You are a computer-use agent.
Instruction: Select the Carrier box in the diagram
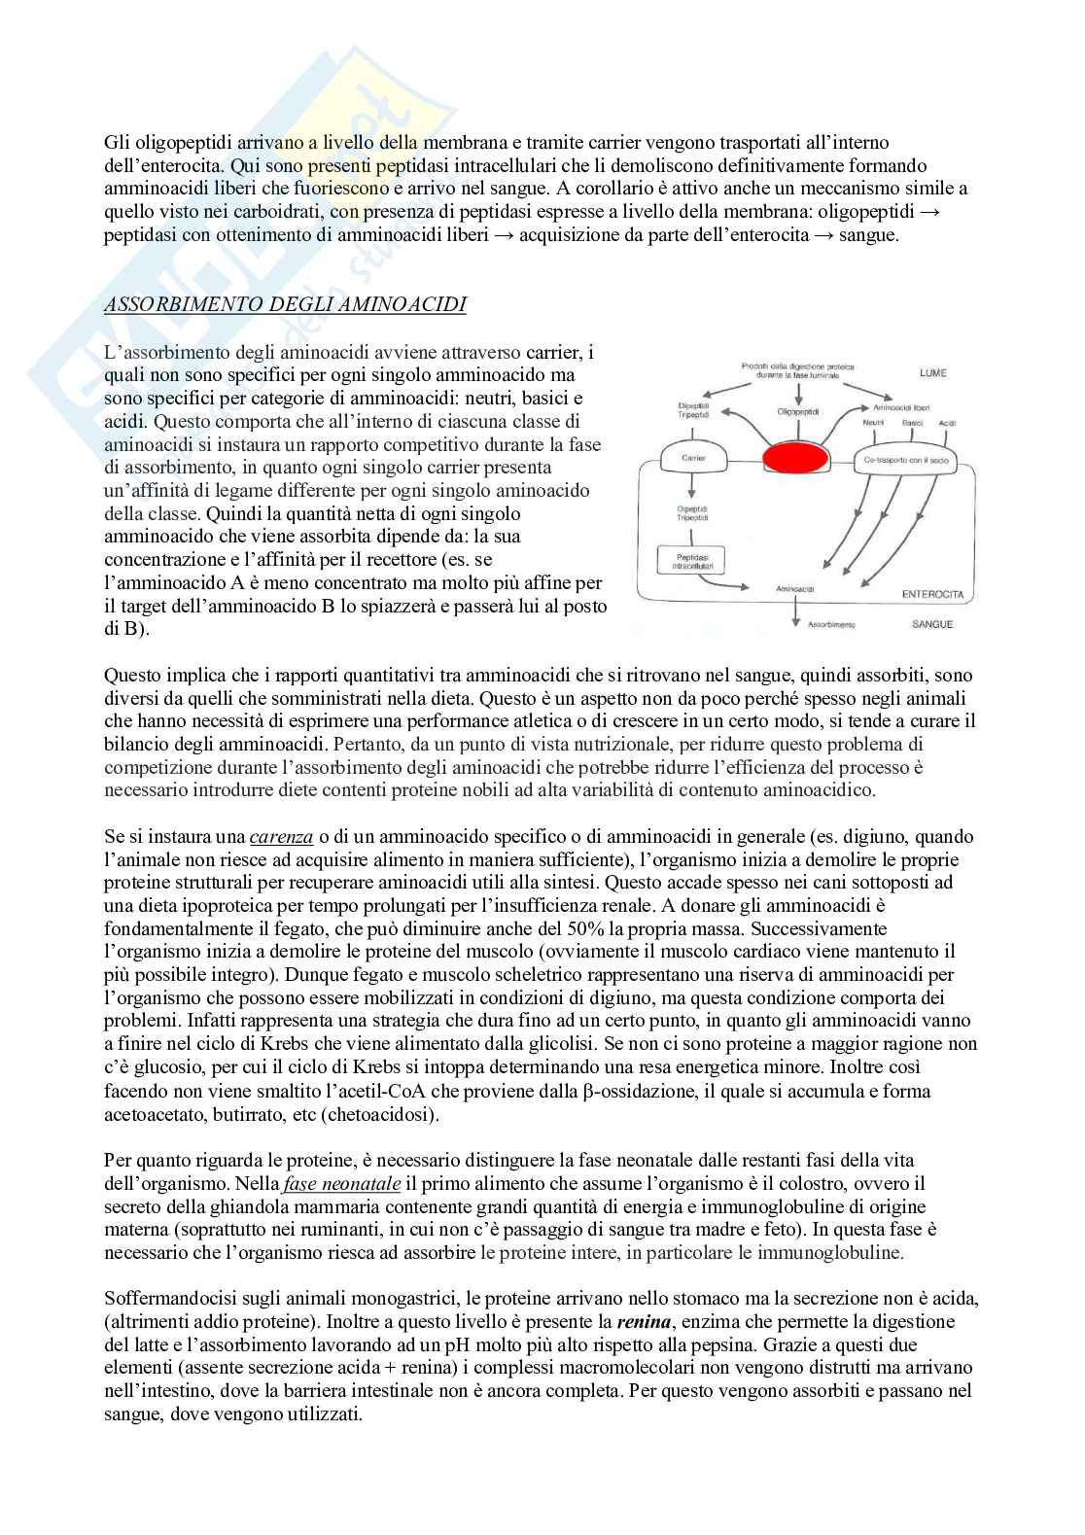(x=694, y=457)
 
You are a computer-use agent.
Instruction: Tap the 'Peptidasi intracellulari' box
(x=694, y=558)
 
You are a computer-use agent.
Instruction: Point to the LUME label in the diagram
(x=932, y=373)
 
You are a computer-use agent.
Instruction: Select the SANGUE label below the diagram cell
(x=932, y=624)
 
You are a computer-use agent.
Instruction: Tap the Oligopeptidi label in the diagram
(x=798, y=411)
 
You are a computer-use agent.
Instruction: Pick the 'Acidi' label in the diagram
(x=948, y=423)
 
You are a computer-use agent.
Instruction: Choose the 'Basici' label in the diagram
(x=912, y=423)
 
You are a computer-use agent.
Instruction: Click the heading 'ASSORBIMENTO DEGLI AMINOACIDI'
(x=285, y=305)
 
